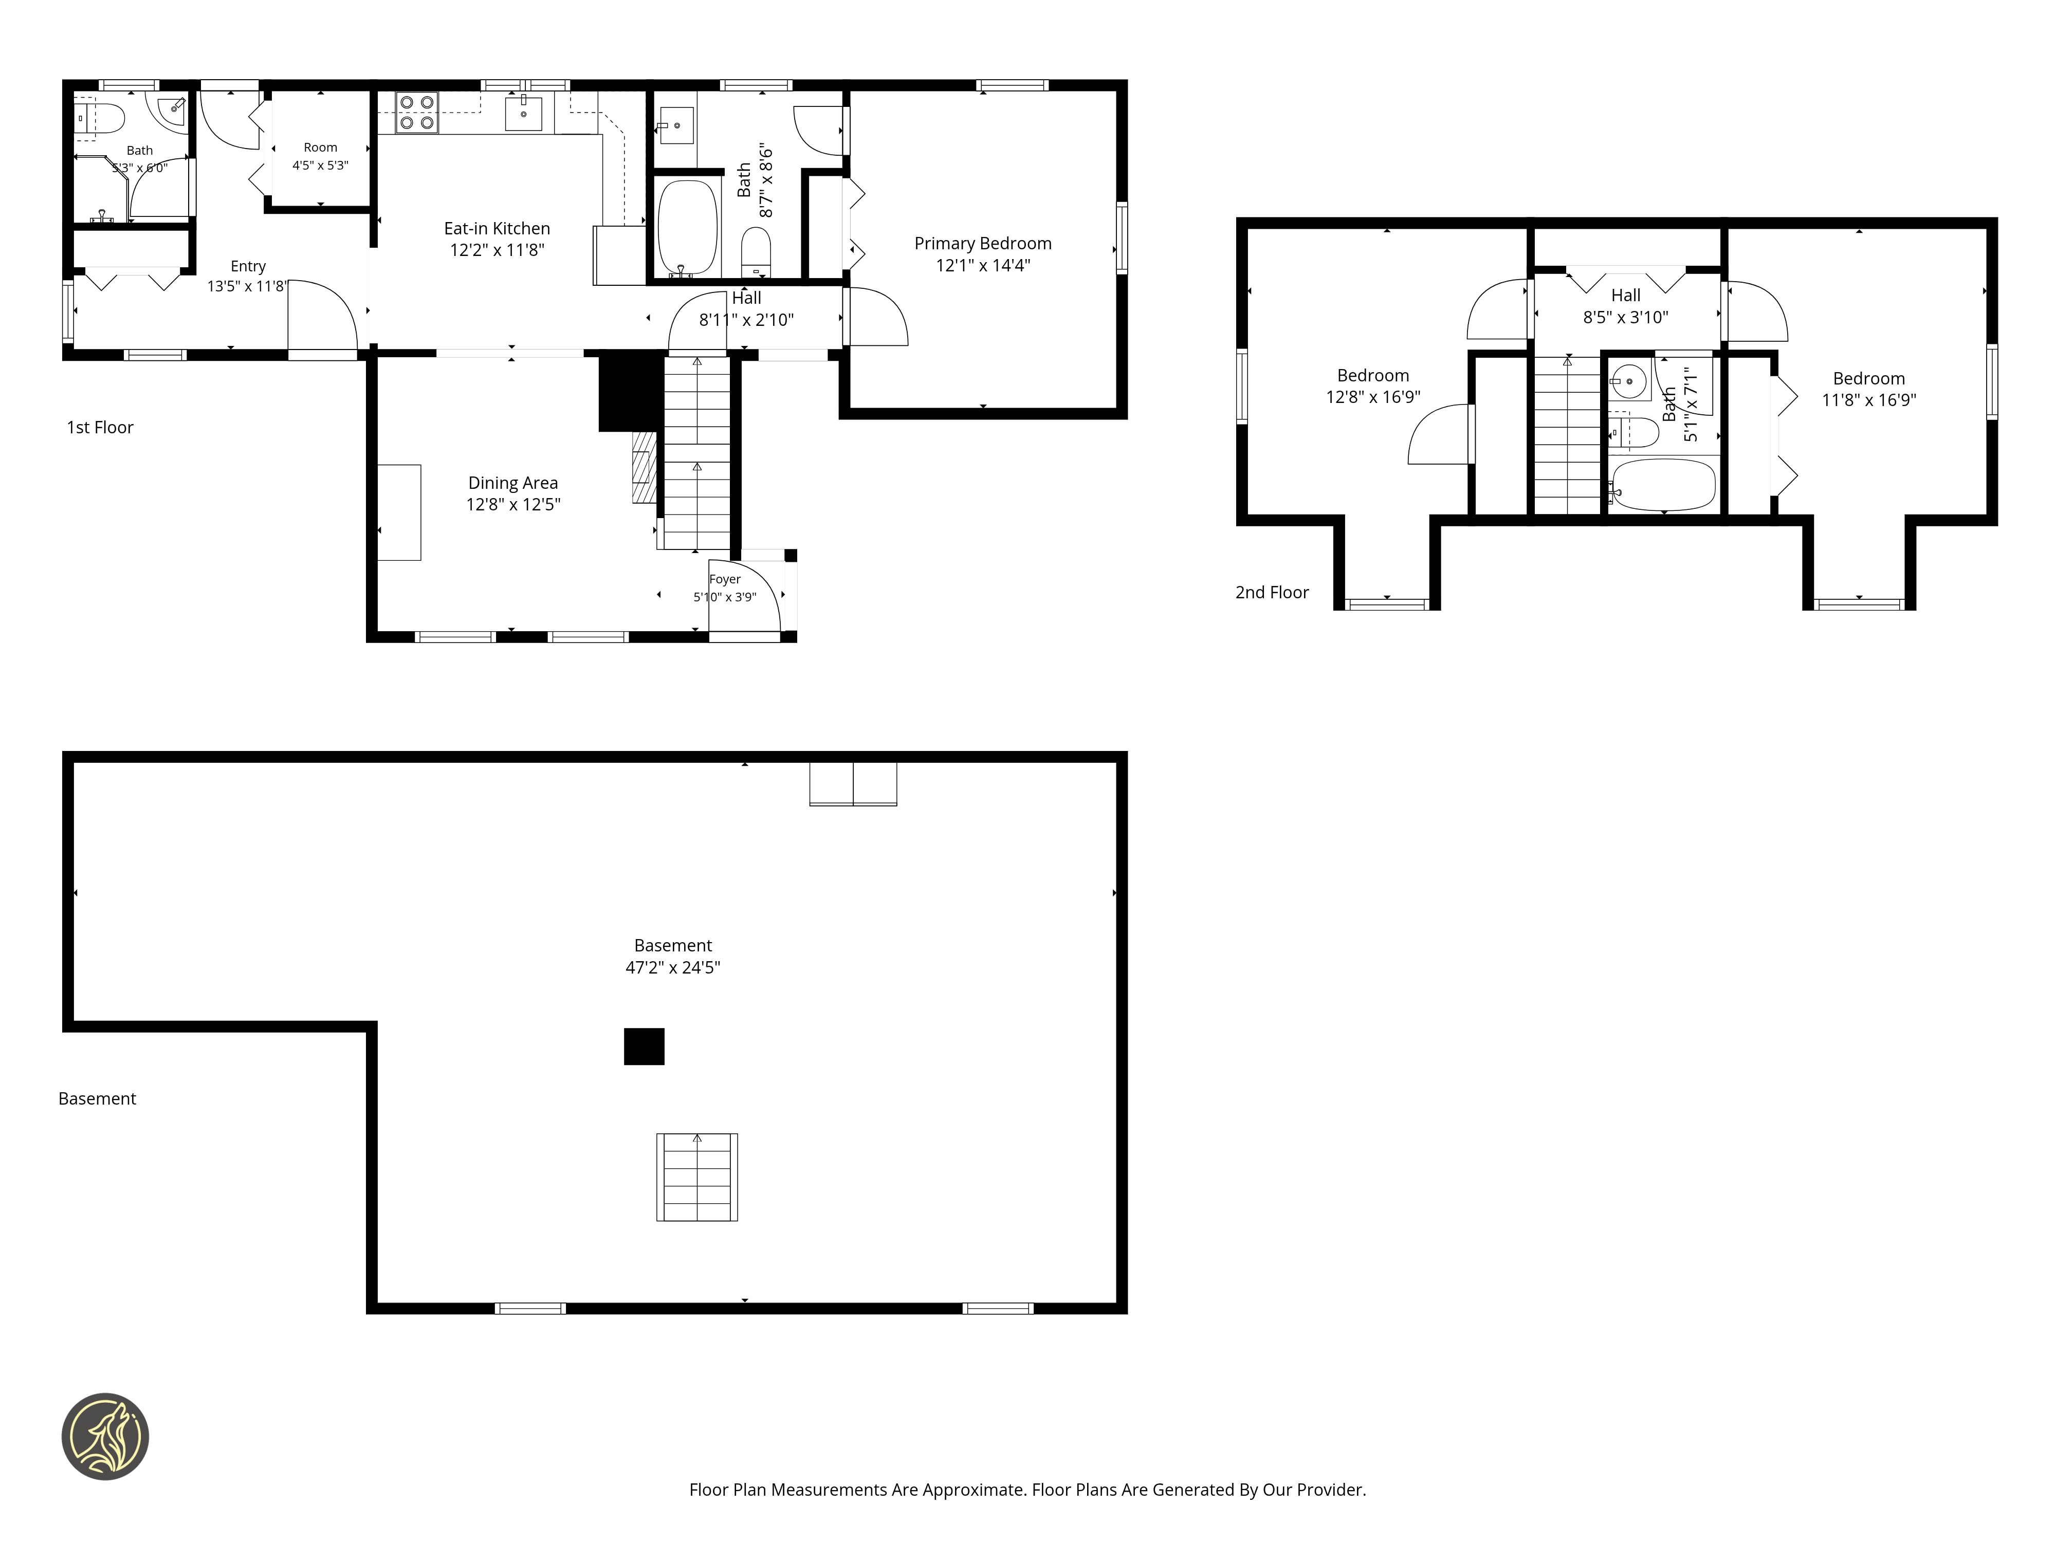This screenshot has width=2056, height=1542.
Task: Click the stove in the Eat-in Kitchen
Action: (x=416, y=113)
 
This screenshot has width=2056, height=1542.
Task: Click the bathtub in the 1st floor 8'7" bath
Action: (x=688, y=227)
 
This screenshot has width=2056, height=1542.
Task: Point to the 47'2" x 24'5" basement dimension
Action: (x=673, y=967)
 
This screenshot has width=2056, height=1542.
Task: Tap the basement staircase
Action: (x=697, y=1177)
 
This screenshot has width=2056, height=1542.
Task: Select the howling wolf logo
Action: (x=105, y=1436)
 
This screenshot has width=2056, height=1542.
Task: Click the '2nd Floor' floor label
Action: (x=1272, y=592)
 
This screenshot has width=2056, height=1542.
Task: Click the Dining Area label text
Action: (x=513, y=483)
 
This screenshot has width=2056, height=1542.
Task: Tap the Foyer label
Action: (x=725, y=579)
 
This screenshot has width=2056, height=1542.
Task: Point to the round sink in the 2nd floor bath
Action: (x=1628, y=381)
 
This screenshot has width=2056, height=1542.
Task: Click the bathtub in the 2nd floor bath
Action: (x=1664, y=484)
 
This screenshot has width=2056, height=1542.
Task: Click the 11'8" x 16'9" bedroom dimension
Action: (x=1868, y=400)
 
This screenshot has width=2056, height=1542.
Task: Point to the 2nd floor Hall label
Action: (x=1626, y=296)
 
